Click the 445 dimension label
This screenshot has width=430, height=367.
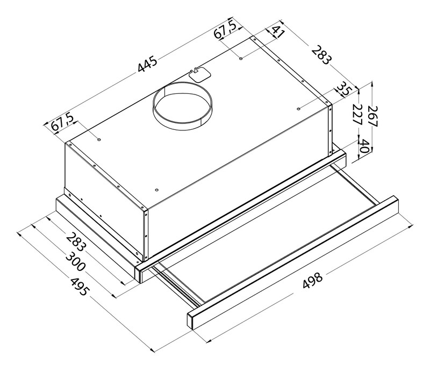(147, 64)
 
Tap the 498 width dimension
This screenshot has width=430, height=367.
(312, 280)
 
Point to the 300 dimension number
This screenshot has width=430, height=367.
(76, 262)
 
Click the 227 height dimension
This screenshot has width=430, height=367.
(357, 114)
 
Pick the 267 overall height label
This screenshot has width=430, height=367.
(372, 116)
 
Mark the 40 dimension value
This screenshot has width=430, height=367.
(364, 146)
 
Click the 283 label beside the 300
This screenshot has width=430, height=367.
(76, 241)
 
